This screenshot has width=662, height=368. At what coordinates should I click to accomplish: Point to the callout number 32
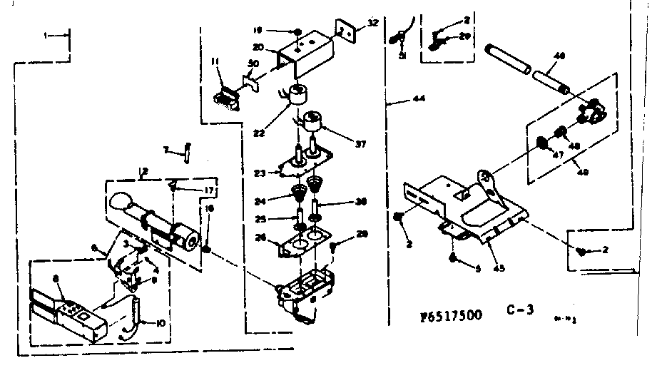[x=372, y=24]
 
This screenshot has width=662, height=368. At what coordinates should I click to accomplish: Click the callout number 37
[x=360, y=144]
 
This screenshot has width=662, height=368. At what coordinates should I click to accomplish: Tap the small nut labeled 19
[x=295, y=31]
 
